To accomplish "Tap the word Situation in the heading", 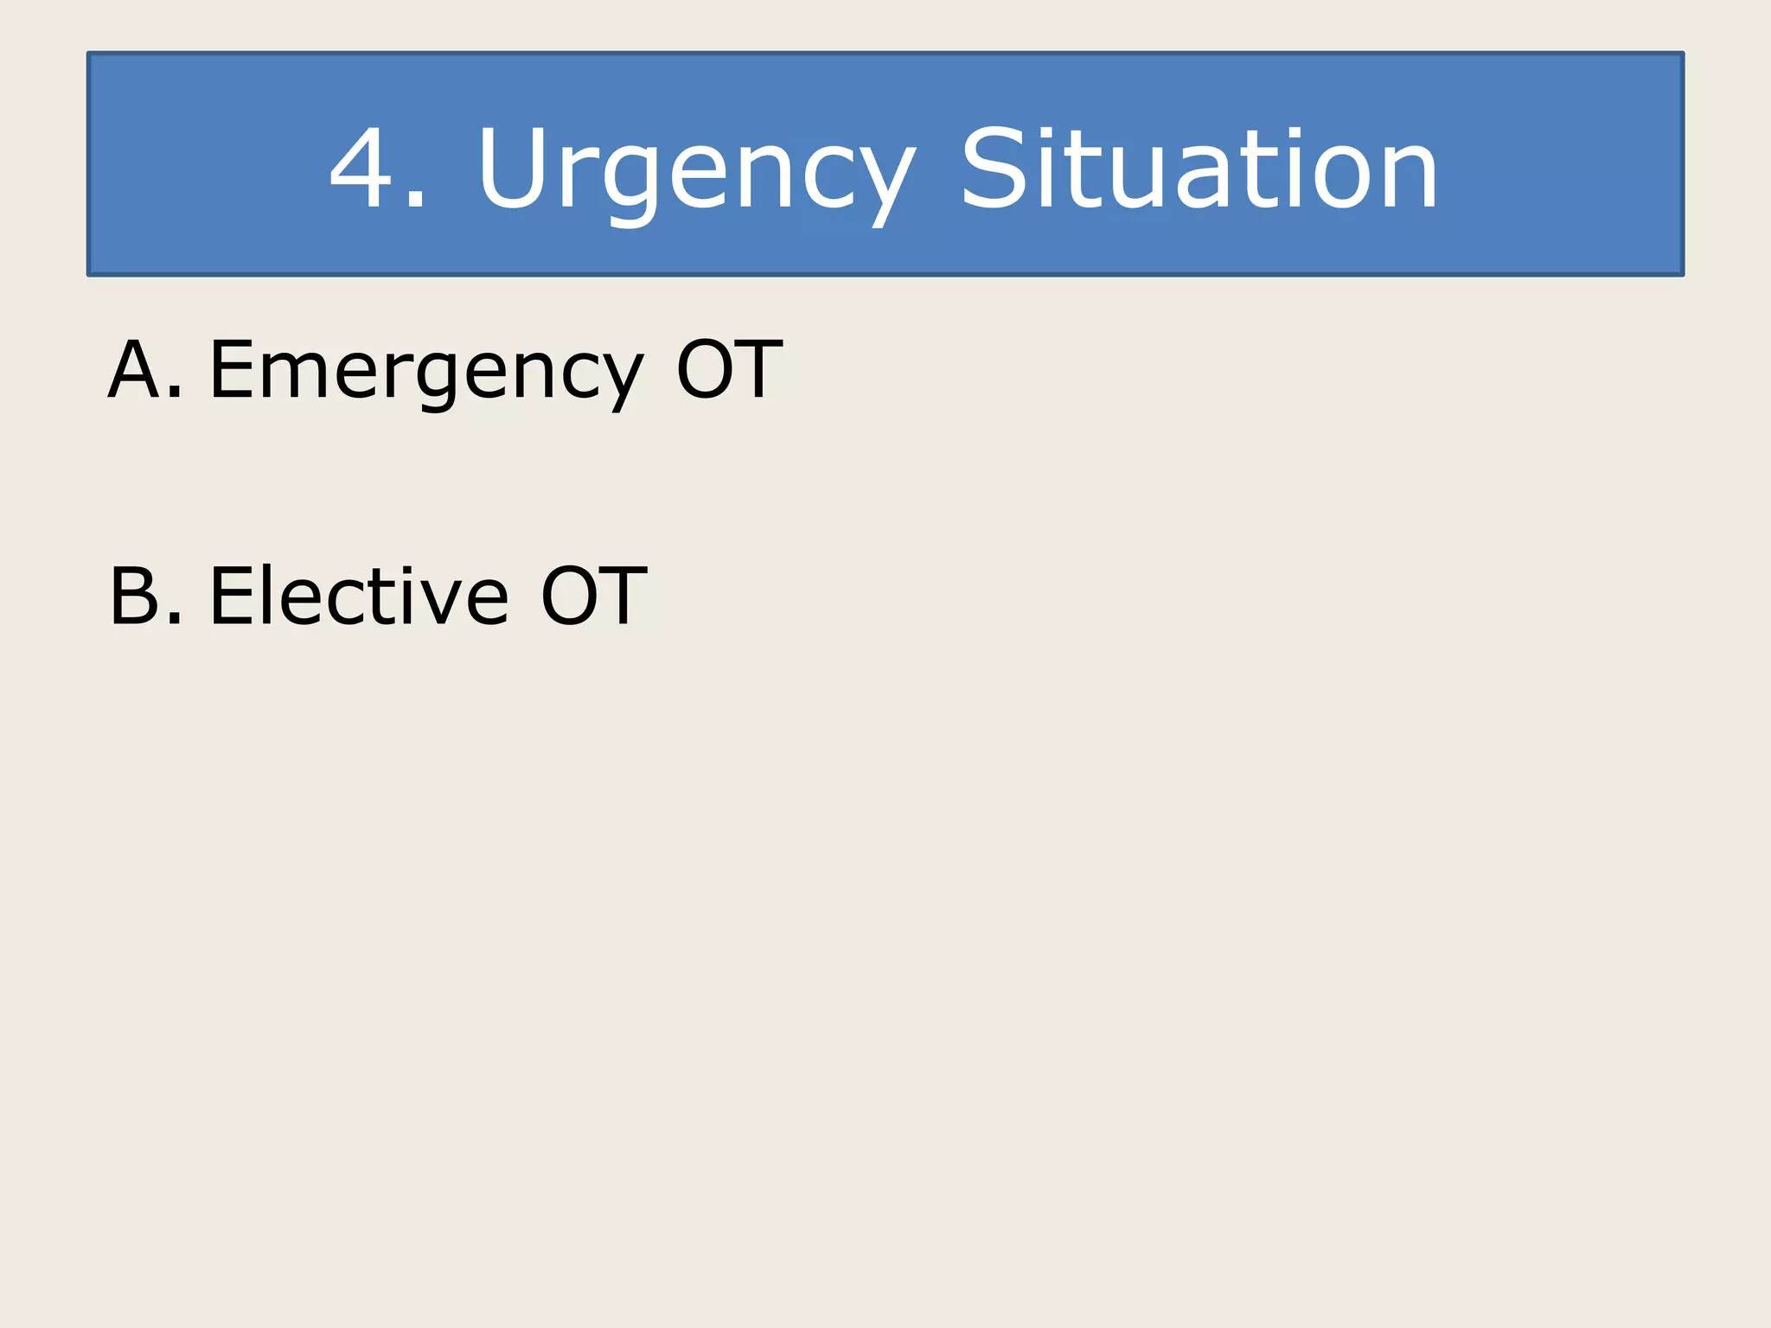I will point(1199,168).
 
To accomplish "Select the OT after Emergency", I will point(729,370).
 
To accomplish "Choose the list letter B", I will point(135,596).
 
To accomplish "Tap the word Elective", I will point(359,596).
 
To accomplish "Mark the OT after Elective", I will point(593,596).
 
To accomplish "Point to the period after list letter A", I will point(175,394).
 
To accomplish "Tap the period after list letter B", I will point(175,619).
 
